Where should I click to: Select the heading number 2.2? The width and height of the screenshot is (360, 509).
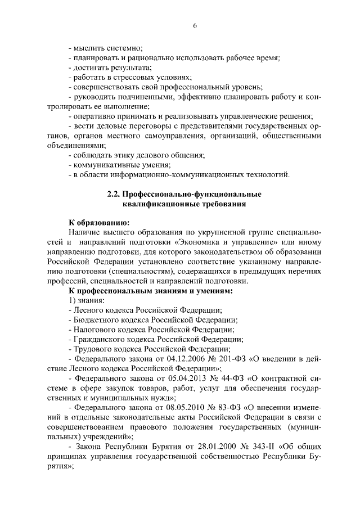[115, 194]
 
